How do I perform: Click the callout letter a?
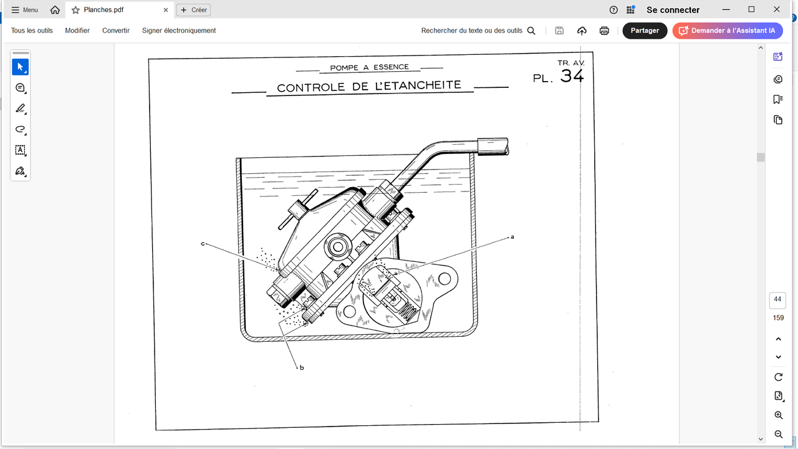click(512, 237)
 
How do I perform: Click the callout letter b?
click(302, 367)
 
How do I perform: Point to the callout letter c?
click(203, 244)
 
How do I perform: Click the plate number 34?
click(572, 75)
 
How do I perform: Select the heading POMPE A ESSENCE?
click(370, 67)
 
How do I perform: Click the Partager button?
click(645, 31)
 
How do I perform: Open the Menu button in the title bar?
click(24, 10)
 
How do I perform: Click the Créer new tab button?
click(194, 10)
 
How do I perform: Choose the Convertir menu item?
click(116, 31)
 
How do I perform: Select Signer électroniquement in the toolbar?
click(179, 31)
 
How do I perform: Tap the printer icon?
click(604, 31)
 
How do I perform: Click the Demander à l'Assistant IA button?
click(728, 31)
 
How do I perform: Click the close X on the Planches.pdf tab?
click(166, 10)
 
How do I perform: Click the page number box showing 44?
click(777, 300)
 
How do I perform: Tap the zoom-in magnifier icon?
click(779, 415)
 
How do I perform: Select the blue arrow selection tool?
click(21, 67)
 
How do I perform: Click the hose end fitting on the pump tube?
click(493, 147)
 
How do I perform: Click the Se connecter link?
click(673, 10)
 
